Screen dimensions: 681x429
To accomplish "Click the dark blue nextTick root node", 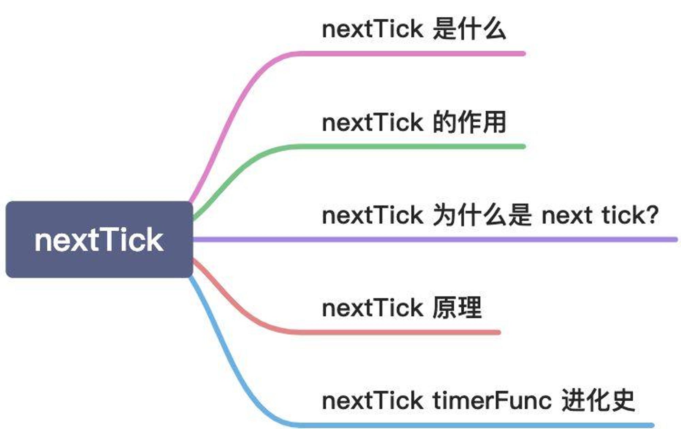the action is (x=99, y=240).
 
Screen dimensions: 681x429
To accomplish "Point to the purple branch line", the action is (x=435, y=240).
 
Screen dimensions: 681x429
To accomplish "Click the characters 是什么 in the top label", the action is (x=469, y=29).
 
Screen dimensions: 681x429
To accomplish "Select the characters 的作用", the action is (x=469, y=122).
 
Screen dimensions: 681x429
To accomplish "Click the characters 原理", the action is (x=457, y=307).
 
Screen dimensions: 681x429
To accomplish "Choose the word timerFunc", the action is (x=492, y=400).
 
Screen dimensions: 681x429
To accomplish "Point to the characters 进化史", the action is (x=598, y=400).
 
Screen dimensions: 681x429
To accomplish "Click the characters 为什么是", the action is (x=482, y=215).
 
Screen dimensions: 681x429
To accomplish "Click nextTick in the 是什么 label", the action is (x=373, y=29).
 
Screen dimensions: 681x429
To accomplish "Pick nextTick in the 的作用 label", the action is (x=373, y=122).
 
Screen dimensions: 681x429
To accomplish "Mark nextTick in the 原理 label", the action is (x=373, y=307).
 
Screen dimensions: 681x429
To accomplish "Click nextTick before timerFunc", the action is (x=373, y=400).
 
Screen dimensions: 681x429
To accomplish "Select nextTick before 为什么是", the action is (x=373, y=215).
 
